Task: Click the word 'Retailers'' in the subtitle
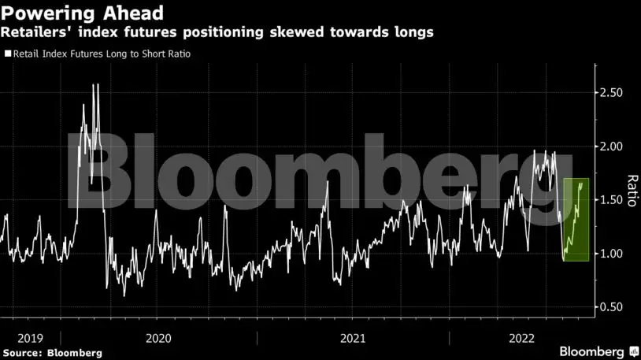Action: click(33, 32)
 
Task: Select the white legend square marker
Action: click(7, 54)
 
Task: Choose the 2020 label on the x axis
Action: click(159, 338)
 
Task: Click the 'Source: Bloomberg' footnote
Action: click(52, 353)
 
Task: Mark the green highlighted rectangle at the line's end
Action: click(576, 220)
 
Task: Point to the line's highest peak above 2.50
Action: click(95, 85)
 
